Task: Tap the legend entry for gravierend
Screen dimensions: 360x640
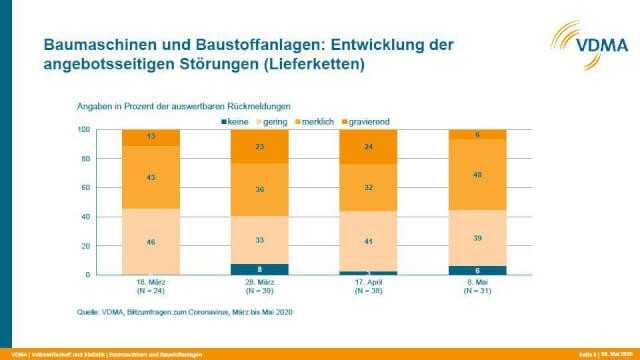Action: (369, 121)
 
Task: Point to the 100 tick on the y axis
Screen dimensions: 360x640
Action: (85, 130)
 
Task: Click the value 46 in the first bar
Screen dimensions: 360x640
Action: (150, 241)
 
